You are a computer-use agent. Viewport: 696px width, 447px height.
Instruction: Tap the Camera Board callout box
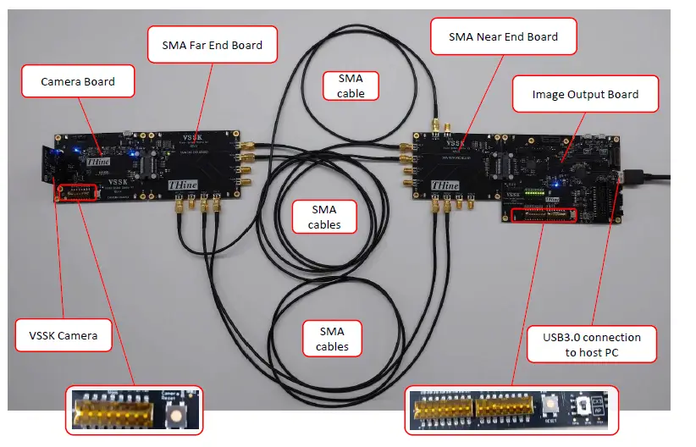click(78, 82)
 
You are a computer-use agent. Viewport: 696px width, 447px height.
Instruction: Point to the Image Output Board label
click(586, 94)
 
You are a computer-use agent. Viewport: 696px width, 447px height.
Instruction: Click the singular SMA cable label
click(351, 86)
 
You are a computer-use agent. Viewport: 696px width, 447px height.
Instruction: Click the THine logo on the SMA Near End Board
click(445, 185)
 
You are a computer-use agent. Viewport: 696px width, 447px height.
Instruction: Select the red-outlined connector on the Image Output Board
click(542, 214)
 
